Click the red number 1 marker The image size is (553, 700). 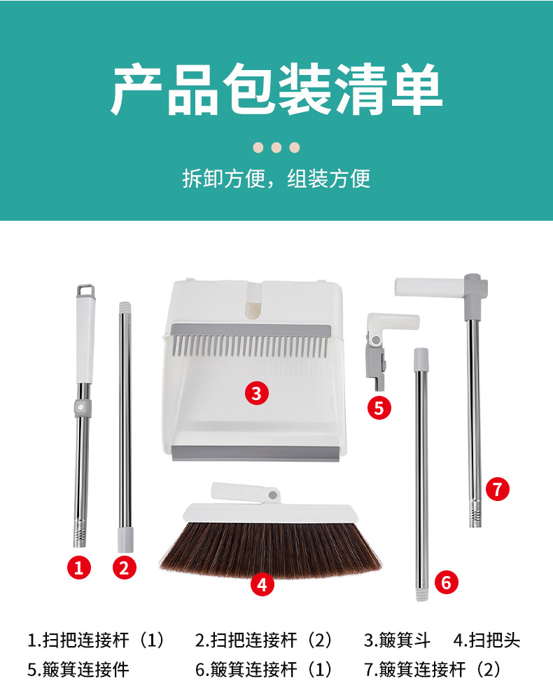(79, 568)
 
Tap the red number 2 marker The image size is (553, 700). (124, 568)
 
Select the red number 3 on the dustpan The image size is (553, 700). (257, 393)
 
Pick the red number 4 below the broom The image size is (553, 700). (262, 584)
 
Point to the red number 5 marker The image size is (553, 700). (379, 408)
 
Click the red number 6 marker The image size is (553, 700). (447, 582)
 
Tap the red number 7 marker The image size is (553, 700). (498, 489)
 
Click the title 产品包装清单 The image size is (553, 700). (276, 89)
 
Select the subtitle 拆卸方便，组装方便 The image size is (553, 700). (276, 179)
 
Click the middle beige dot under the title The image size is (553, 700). (276, 147)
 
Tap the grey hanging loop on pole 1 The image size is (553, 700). (86, 291)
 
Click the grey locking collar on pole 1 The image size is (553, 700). (82, 408)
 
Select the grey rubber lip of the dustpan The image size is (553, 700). (259, 453)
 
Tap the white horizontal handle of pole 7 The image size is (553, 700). (430, 287)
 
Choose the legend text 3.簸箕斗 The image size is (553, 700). (397, 640)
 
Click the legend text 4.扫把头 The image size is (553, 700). (487, 640)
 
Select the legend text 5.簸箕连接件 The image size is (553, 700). (78, 669)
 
